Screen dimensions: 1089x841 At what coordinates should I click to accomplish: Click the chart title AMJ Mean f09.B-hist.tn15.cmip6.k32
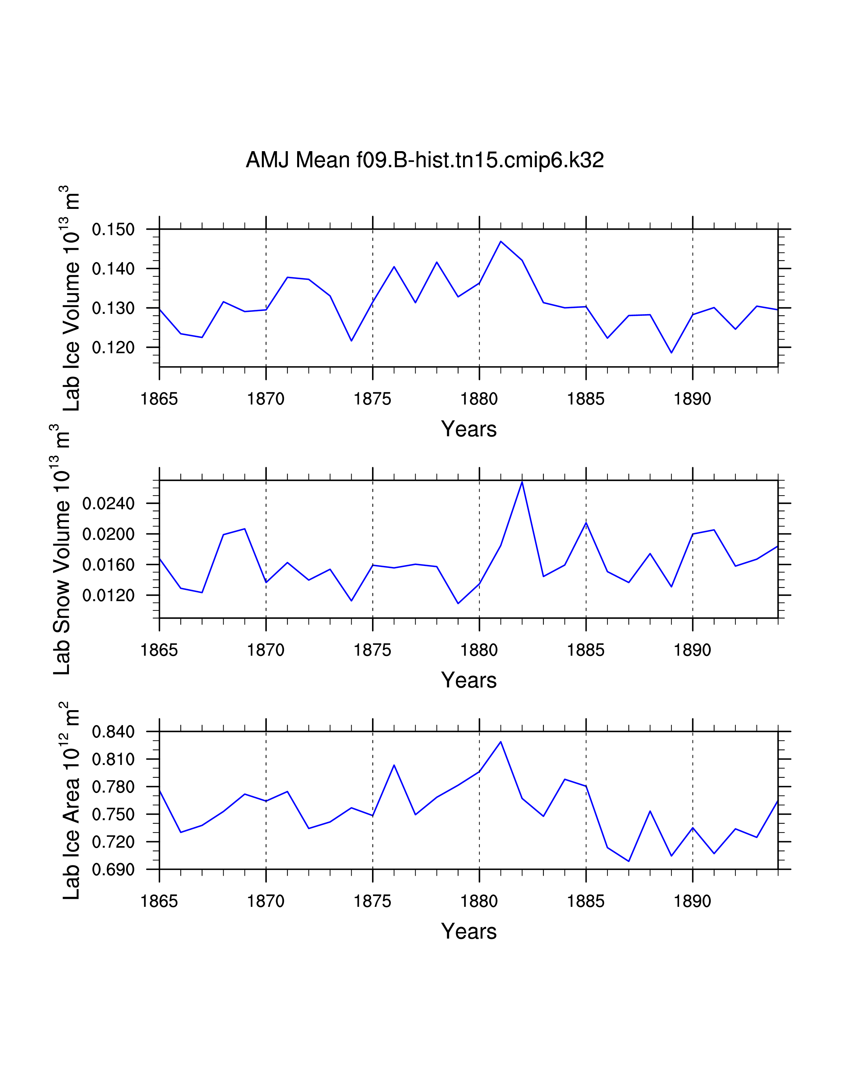pyautogui.click(x=424, y=160)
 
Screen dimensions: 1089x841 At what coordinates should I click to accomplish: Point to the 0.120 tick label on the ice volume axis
pyautogui.click(x=113, y=347)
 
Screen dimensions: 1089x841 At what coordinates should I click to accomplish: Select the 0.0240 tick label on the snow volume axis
pyautogui.click(x=108, y=504)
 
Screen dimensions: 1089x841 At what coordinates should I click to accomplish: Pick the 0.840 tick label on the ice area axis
pyautogui.click(x=113, y=732)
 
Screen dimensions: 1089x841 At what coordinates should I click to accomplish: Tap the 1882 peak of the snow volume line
pyautogui.click(x=522, y=482)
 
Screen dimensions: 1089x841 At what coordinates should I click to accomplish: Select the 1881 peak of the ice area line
pyautogui.click(x=501, y=742)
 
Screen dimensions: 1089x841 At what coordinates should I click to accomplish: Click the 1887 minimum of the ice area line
pyautogui.click(x=629, y=861)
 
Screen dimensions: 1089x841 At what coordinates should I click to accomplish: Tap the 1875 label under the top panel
pyautogui.click(x=373, y=399)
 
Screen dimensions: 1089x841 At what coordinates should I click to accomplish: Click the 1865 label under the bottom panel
pyautogui.click(x=159, y=902)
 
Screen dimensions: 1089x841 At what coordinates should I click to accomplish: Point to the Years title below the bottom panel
pyautogui.click(x=469, y=932)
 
